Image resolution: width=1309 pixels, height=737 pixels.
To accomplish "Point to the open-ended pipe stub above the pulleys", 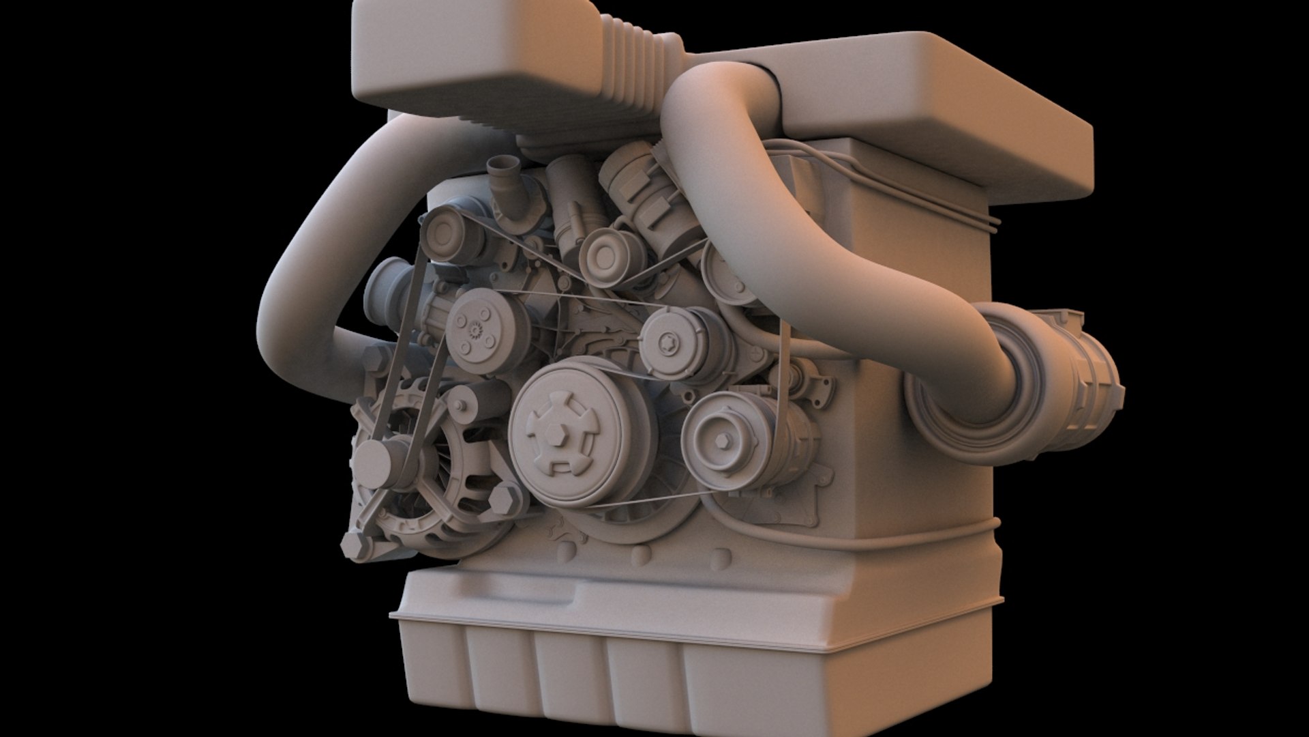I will coord(502,166).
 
